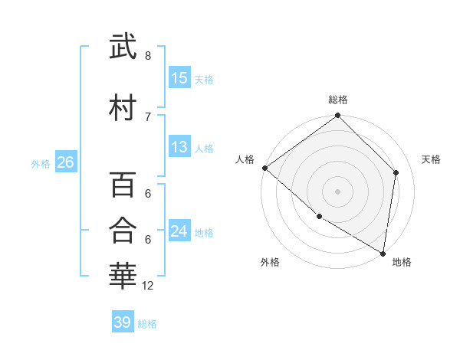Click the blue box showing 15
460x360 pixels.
[179, 78]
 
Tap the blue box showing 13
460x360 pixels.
[179, 147]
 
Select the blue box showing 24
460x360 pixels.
[179, 231]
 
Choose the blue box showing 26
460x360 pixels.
[65, 162]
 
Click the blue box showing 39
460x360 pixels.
[122, 322]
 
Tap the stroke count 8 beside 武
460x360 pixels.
[147, 56]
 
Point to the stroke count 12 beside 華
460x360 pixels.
[148, 286]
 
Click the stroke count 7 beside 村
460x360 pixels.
[147, 116]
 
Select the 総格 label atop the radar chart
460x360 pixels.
[338, 100]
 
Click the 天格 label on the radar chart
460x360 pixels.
[431, 159]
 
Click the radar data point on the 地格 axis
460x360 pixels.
[383, 253]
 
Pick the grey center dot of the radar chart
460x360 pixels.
[338, 191]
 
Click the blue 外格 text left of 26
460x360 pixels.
[41, 163]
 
